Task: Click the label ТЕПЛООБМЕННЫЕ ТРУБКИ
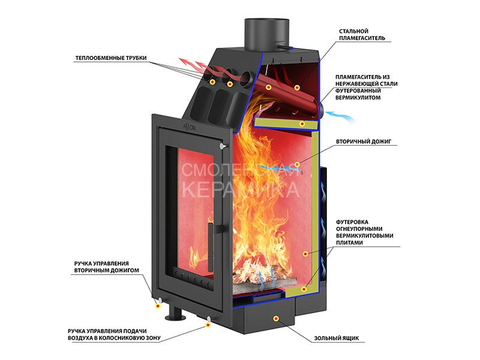(x=111, y=58)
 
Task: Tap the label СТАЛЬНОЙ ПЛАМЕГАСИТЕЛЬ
(x=362, y=35)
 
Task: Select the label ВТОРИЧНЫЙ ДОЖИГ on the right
(x=364, y=142)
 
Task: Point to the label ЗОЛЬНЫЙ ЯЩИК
(x=336, y=338)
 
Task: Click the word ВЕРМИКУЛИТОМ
(x=358, y=98)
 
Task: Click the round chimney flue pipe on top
(x=266, y=35)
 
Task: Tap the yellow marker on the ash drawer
(x=276, y=319)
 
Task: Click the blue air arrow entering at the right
(x=340, y=116)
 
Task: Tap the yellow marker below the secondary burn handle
(x=158, y=305)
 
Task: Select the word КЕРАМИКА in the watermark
(x=241, y=190)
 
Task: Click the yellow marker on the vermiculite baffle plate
(x=302, y=124)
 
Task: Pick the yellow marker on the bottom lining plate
(x=304, y=289)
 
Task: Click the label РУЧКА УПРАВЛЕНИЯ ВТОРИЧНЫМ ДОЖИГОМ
(x=106, y=267)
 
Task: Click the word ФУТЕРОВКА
(x=352, y=222)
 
